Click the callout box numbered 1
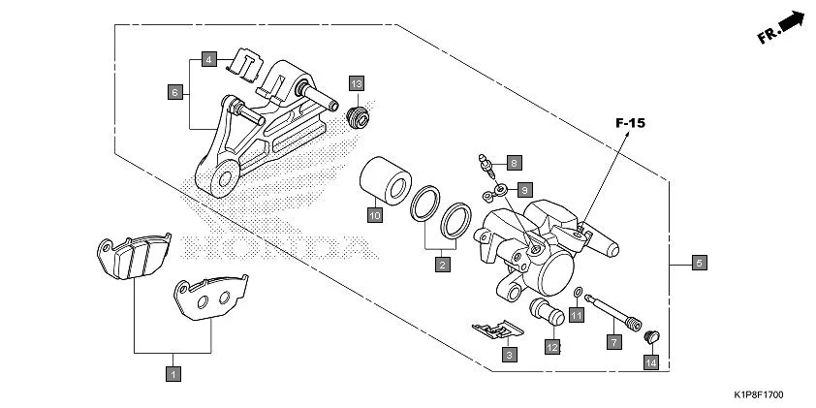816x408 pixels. coord(173,373)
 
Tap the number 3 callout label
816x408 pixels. coord(508,356)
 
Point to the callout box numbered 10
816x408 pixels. coord(373,215)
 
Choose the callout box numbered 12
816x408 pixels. coord(552,346)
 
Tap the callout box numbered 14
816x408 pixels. coord(650,362)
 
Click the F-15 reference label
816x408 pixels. coord(631,124)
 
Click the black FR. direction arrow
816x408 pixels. coord(793,21)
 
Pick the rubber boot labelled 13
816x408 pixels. coord(358,118)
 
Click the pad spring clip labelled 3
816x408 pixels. coord(496,331)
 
